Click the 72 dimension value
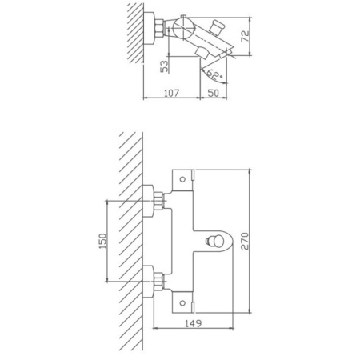pyautogui.click(x=245, y=36)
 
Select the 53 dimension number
pyautogui.click(x=165, y=66)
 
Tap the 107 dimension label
pyautogui.click(x=171, y=93)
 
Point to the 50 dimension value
pyautogui.click(x=213, y=93)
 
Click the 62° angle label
pyautogui.click(x=214, y=74)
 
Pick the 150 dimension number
pyautogui.click(x=102, y=241)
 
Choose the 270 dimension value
pyautogui.click(x=245, y=241)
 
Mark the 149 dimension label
pyautogui.click(x=194, y=323)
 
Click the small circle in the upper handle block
pyautogui.click(x=182, y=179)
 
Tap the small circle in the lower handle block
pyautogui.click(x=182, y=303)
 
